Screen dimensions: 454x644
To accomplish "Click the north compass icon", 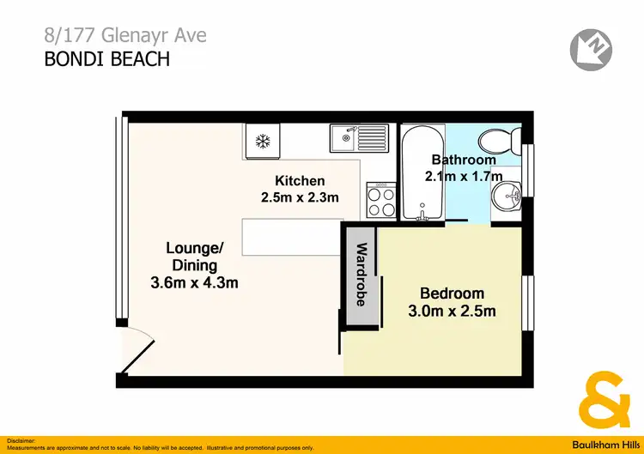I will (x=589, y=48).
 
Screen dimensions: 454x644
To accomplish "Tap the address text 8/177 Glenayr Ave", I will (x=125, y=36).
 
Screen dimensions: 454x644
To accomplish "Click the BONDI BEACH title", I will (x=107, y=59).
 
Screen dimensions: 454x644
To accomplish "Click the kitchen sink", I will (x=360, y=138).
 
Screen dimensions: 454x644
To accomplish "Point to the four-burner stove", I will (x=381, y=201).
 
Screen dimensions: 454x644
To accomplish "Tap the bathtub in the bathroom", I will (x=422, y=172).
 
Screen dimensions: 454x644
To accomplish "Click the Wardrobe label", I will (x=361, y=275).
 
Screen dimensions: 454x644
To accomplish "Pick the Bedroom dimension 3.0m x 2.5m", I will (x=452, y=311).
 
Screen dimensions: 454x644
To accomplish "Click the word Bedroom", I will (x=452, y=293).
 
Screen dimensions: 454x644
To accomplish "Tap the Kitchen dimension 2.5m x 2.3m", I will (x=300, y=197).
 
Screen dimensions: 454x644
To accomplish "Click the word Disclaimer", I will (x=21, y=439).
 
